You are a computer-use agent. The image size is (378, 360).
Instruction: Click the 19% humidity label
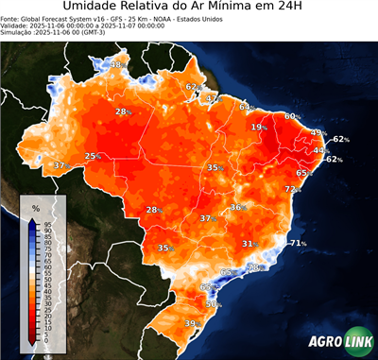point(258,127)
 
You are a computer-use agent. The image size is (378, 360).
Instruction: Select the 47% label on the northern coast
point(212,98)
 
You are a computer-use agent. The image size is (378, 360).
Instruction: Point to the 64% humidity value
point(246,107)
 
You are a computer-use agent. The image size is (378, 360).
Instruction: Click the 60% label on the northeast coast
point(293,116)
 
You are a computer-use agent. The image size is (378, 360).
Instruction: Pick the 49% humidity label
point(318,133)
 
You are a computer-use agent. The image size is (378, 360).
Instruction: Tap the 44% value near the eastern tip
point(320,150)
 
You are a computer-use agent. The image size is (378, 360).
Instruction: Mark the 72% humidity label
point(293,189)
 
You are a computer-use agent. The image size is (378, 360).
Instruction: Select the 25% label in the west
point(93,156)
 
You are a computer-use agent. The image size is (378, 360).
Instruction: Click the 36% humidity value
point(238,207)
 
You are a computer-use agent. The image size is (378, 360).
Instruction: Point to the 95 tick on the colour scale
point(46,223)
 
